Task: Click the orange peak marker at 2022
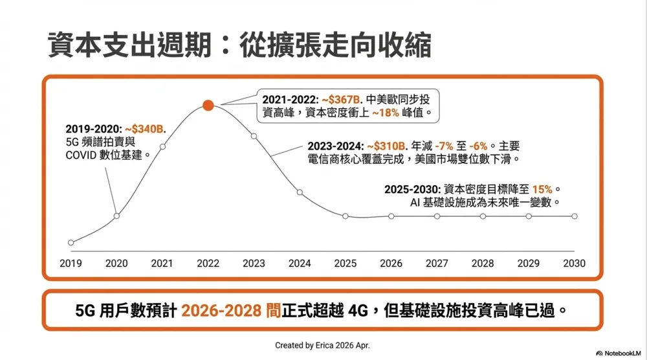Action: (x=208, y=106)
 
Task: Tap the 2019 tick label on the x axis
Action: (x=71, y=264)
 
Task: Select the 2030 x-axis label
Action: (x=574, y=264)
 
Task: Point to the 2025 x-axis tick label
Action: (x=345, y=264)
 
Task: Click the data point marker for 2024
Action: (x=300, y=192)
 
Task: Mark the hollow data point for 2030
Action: (x=575, y=216)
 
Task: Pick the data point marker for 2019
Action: (x=71, y=243)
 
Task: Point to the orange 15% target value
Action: (x=542, y=189)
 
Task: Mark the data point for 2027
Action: (x=437, y=216)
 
